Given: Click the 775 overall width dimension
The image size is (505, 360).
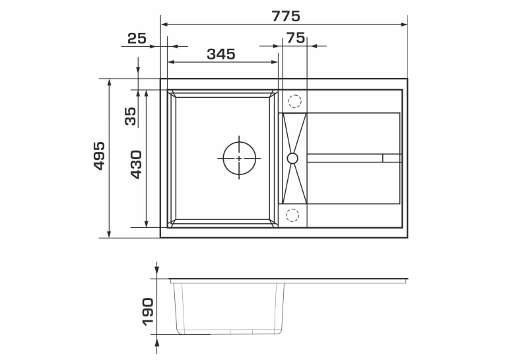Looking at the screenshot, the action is (x=286, y=16).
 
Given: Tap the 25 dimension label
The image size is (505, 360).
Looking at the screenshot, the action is (x=137, y=38).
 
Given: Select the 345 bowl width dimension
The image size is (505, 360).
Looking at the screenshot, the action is (x=221, y=54).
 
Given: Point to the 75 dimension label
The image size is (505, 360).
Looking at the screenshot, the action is (x=295, y=38).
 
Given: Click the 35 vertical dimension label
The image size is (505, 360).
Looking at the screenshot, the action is (x=131, y=116).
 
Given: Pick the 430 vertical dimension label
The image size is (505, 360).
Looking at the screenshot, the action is (x=136, y=164).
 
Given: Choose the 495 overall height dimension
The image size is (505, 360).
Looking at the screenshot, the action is (x=99, y=156).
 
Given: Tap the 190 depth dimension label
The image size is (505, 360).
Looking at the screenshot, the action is (x=148, y=312).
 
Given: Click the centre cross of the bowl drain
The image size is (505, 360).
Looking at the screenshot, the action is (x=239, y=159).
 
